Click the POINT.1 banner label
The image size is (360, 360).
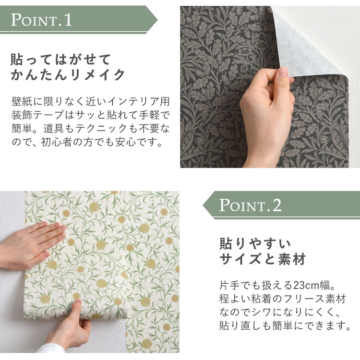pos(42,20)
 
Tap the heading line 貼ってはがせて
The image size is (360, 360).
pos(61,60)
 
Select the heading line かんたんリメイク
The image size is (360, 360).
pos(68,75)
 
